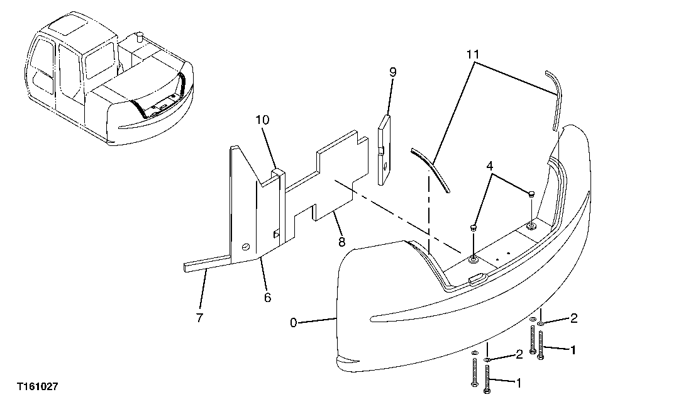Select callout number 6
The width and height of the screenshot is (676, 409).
click(267, 297)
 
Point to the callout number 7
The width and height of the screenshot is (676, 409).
click(199, 318)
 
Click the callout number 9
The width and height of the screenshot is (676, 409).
click(392, 72)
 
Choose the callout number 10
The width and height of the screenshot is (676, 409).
click(262, 120)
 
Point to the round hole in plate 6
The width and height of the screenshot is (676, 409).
click(245, 246)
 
